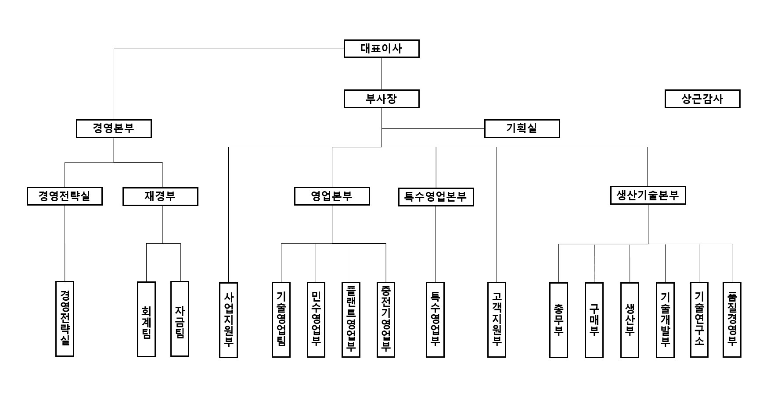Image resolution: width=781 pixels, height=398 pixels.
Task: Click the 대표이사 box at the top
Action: pos(381,49)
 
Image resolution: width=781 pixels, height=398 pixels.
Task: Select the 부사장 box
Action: pos(381,99)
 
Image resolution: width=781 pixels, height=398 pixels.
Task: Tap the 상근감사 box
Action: pos(702,99)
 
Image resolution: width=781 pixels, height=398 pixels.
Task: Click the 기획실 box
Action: pos(522,128)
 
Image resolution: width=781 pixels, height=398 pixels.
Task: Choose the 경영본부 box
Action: pos(114,128)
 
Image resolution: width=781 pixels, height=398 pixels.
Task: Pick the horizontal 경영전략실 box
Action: pos(65,196)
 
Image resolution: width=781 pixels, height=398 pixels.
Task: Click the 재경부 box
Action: pos(160,196)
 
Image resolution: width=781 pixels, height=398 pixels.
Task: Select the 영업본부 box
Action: pos(331,196)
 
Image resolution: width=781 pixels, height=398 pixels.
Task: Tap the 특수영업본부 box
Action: pos(435,197)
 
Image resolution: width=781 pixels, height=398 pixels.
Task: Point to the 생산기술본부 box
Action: pos(648,195)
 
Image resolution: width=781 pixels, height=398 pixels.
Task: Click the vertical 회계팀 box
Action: pos(146,319)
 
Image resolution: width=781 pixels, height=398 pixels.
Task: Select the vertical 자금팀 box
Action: pos(180,319)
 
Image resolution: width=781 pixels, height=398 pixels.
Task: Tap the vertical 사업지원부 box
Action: pos(228,320)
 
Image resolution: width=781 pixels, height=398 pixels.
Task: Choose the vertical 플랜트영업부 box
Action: pos(351,320)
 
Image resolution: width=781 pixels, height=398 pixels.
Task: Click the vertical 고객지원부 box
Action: pos(497,320)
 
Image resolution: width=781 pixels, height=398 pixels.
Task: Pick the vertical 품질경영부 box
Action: pos(731,320)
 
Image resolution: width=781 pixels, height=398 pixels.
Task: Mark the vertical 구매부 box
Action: pos(594,320)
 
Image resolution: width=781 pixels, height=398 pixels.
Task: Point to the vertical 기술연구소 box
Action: pos(699,320)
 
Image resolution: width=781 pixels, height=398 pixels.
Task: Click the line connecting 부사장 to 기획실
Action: pos(432,128)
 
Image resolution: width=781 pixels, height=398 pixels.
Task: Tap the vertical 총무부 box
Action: pos(558,320)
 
